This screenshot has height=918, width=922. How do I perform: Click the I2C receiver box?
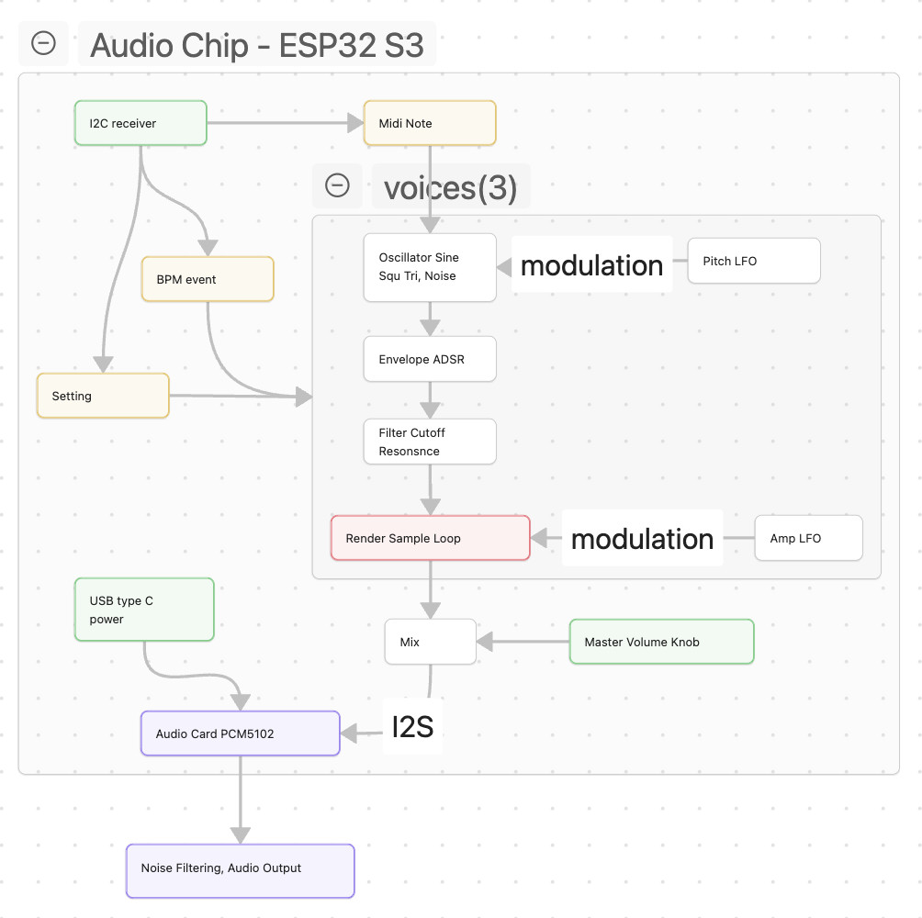(141, 123)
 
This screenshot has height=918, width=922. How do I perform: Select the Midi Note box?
(430, 123)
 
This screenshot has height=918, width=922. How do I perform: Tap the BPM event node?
(208, 279)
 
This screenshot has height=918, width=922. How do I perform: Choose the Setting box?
(103, 396)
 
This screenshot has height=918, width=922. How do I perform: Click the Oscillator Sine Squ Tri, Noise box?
(430, 267)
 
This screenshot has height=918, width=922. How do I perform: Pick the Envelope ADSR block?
(430, 359)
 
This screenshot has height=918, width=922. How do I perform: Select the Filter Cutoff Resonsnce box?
(430, 442)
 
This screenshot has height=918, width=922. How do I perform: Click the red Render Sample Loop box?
(430, 538)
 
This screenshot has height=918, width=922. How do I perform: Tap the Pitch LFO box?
(753, 261)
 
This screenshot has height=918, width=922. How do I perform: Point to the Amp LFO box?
(808, 538)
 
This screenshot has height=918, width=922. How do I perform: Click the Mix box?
(430, 642)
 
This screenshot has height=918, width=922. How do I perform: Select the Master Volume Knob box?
(661, 642)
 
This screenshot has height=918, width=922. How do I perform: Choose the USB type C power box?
(144, 610)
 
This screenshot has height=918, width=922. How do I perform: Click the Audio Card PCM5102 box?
(240, 733)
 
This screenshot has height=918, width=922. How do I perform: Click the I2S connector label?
(412, 727)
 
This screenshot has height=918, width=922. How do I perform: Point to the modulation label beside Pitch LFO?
(591, 265)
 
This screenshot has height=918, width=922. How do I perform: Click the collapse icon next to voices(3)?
(337, 185)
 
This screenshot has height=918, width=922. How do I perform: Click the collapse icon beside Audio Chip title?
(43, 43)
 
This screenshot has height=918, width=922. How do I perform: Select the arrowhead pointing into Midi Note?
(355, 123)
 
